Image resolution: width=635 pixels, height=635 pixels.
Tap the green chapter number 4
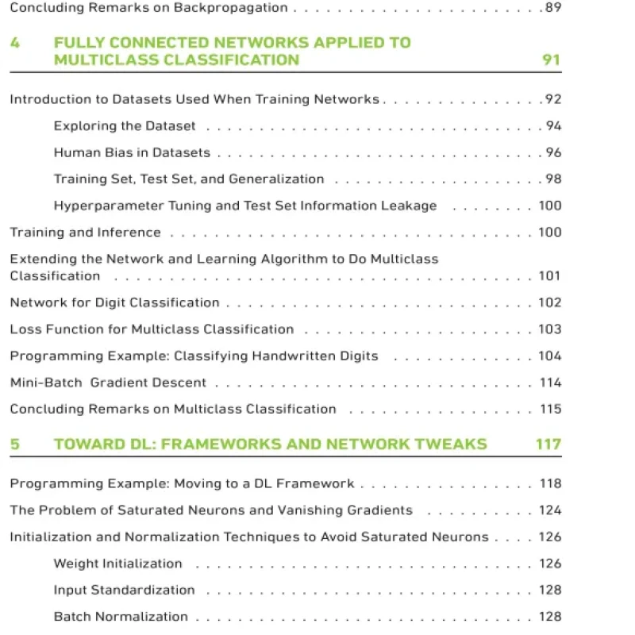(15, 43)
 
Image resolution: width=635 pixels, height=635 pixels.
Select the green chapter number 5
(15, 444)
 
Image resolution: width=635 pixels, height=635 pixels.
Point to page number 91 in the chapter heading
(551, 60)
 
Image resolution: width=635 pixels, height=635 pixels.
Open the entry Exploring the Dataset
(125, 126)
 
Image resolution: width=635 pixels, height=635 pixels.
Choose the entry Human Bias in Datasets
(132, 152)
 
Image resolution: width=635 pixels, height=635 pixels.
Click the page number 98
(552, 179)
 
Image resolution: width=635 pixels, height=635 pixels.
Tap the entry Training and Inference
(85, 233)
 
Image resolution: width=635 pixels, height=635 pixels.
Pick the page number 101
(549, 276)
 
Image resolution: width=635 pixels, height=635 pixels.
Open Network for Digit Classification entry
(114, 302)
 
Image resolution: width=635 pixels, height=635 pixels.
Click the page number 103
(549, 329)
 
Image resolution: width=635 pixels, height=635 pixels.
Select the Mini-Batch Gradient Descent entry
(108, 383)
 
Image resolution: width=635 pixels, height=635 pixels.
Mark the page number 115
(550, 410)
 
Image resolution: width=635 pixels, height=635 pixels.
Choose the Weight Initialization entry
(117, 564)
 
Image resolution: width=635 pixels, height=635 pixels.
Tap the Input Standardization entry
(124, 590)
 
